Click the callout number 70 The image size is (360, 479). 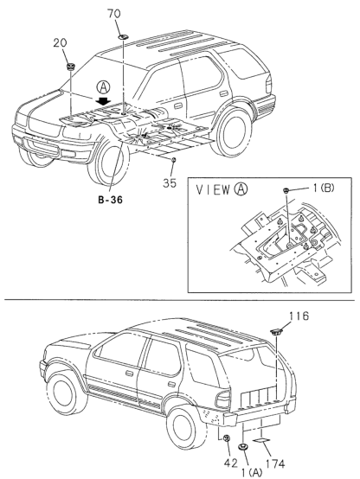point(113,14)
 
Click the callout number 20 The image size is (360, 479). point(60,42)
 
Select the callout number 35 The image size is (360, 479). point(170,182)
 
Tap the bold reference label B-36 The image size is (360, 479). point(111,200)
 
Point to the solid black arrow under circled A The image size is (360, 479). point(104,101)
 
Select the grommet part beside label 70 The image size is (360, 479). point(123,37)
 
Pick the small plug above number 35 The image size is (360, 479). point(173,160)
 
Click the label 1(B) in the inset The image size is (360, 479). point(324,188)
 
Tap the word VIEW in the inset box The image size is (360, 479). point(213,189)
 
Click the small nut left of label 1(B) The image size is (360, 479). point(286,190)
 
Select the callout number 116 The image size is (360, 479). point(299,316)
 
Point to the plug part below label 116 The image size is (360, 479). point(276,331)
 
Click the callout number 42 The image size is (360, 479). point(230,463)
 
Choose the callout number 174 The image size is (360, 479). point(274,463)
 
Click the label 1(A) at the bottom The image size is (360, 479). point(252,473)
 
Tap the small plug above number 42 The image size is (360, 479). point(227,438)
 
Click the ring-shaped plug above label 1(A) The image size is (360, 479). point(243,447)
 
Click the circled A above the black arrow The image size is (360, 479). point(103,88)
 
